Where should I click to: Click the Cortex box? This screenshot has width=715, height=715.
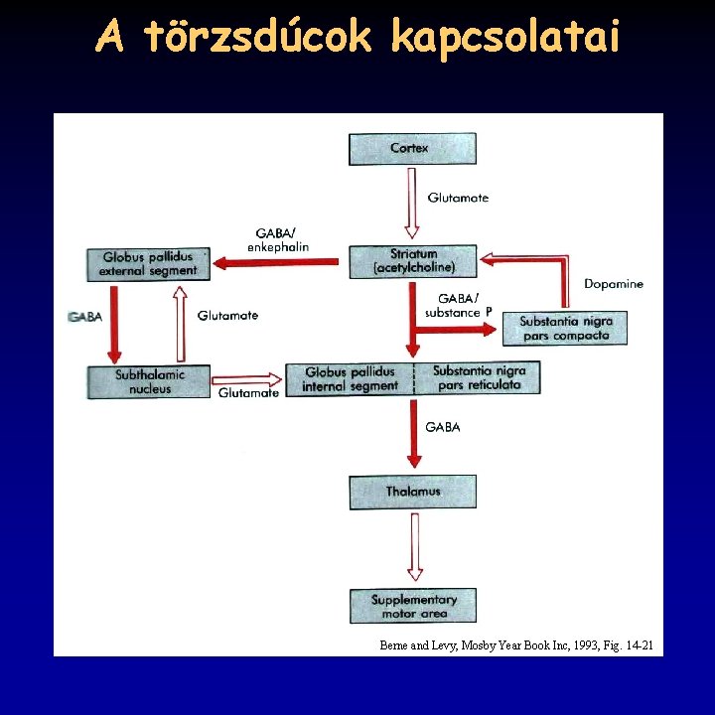(411, 149)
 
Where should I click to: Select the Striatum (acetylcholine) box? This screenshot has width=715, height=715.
(412, 261)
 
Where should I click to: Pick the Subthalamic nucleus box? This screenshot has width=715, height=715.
(149, 381)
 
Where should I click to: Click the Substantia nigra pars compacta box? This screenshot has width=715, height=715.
(565, 328)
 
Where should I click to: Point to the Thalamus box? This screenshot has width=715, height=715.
(412, 492)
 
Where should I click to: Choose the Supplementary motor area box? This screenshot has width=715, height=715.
(412, 606)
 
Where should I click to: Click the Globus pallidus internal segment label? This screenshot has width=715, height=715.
(350, 379)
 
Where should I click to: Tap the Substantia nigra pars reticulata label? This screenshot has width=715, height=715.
(479, 377)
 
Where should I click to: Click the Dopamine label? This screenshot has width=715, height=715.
(613, 284)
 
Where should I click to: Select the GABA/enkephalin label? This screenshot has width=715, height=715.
(277, 239)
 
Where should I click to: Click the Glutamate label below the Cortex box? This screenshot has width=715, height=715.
(458, 198)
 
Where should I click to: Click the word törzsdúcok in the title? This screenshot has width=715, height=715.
(259, 38)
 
